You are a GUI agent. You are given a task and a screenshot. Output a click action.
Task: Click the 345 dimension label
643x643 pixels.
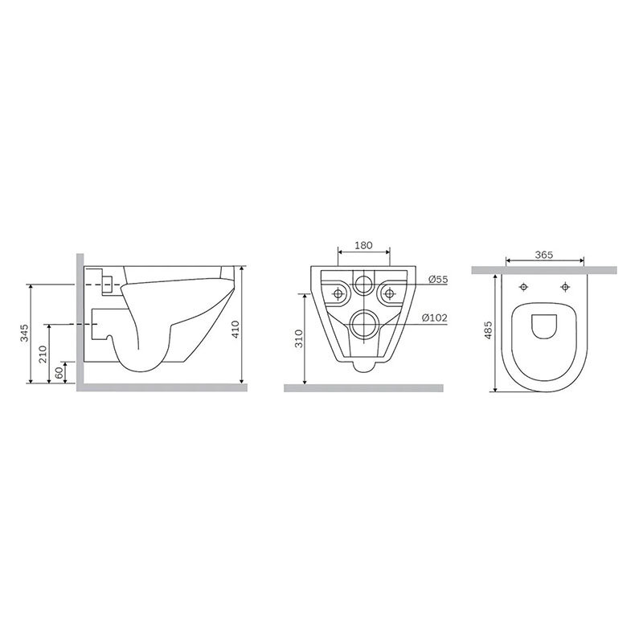[26, 333]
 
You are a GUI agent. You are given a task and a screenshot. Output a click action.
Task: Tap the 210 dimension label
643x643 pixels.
[43, 354]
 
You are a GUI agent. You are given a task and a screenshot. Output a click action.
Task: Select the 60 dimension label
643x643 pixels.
[59, 373]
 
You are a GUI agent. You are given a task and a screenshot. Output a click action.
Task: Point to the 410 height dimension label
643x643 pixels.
[235, 330]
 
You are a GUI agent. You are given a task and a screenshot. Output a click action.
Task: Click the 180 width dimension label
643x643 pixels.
[363, 245]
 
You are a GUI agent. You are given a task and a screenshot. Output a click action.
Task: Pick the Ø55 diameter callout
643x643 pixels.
[438, 280]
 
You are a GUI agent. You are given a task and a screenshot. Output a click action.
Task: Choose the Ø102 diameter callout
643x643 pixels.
[435, 317]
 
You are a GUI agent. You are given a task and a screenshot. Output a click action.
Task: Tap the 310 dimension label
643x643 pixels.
[299, 338]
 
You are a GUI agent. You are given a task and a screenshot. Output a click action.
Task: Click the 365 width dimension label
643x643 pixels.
[544, 255]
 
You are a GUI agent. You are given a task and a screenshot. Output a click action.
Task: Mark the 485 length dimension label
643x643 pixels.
[488, 330]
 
